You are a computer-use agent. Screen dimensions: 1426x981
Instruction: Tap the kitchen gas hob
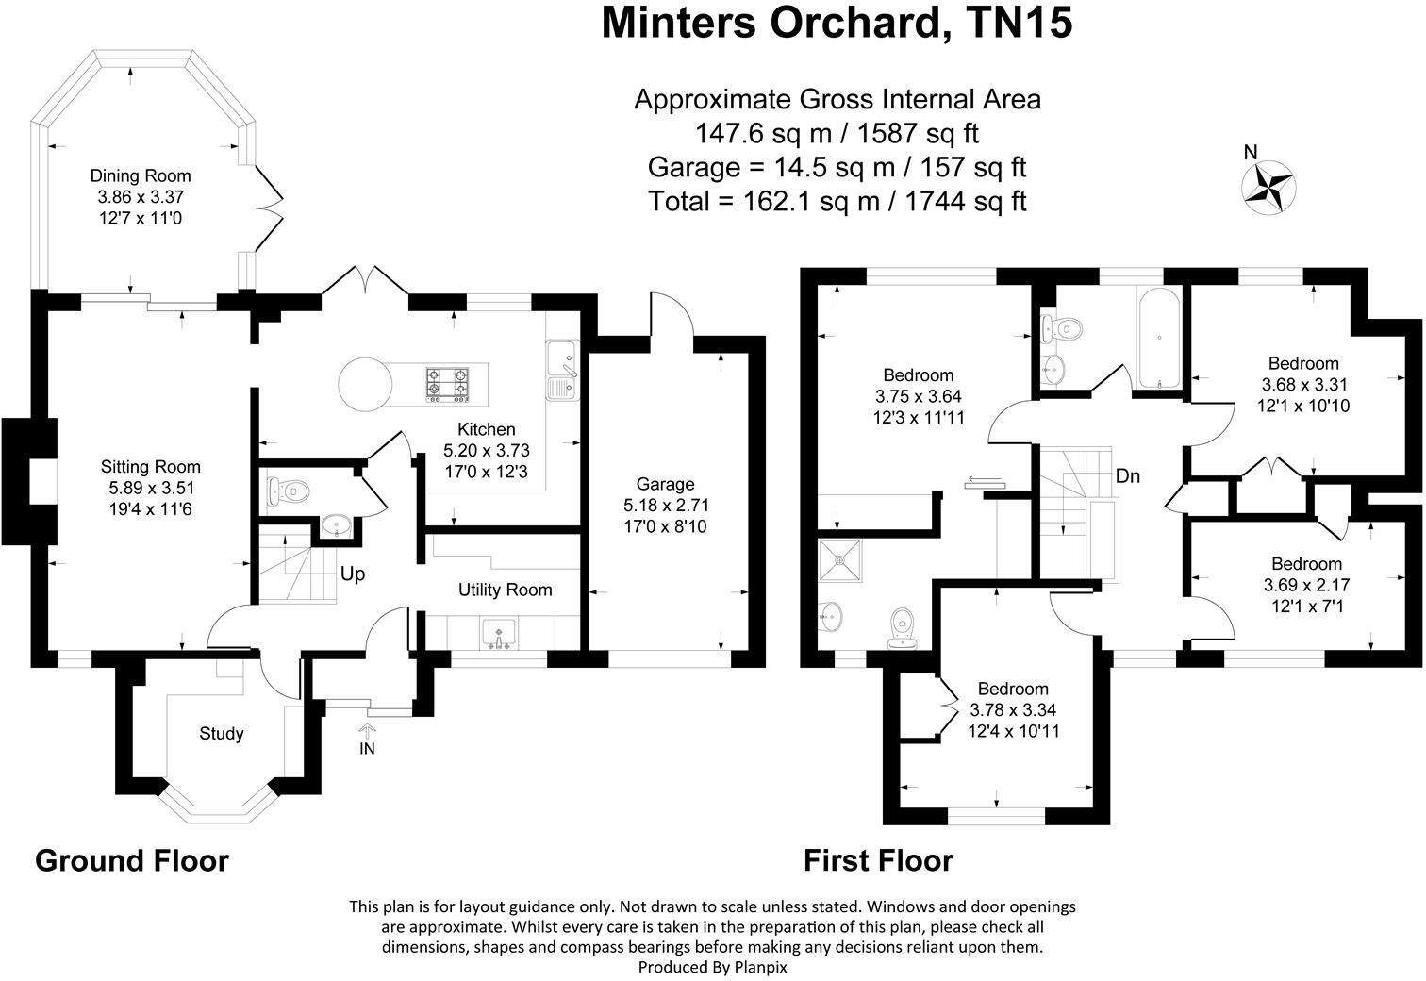point(448,384)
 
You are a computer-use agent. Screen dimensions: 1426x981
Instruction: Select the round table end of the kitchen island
point(365,385)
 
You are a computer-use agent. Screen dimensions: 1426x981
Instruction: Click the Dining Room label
point(140,175)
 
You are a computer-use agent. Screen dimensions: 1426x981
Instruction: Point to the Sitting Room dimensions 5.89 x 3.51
point(151,489)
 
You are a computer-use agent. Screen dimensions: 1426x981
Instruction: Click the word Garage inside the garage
point(665,485)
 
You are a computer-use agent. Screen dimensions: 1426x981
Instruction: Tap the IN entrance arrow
point(367,730)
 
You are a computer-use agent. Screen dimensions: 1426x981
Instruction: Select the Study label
point(222,733)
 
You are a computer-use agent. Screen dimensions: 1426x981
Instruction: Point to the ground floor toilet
point(289,490)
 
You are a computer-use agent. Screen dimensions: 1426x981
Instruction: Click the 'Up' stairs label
point(353,574)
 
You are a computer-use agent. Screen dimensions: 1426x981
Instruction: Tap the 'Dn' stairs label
point(1127,476)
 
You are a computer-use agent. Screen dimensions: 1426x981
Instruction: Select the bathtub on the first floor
point(1159,339)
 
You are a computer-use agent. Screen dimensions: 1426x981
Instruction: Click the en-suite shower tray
point(840,561)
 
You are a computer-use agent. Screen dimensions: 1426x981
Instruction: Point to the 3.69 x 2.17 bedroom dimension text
point(1306,585)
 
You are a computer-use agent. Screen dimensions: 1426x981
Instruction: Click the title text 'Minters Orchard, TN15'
point(837,23)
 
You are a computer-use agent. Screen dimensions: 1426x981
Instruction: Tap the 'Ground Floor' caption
point(132,860)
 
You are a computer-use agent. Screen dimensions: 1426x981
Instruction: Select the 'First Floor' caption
point(879,860)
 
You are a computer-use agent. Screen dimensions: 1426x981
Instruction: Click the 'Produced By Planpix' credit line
point(712,968)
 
